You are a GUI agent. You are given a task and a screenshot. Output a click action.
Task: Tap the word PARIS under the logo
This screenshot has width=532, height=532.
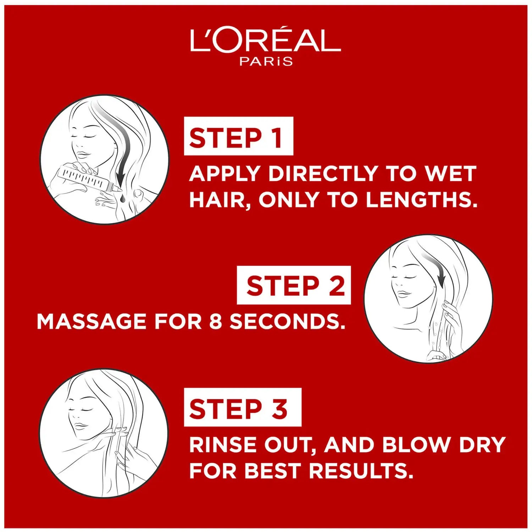266,61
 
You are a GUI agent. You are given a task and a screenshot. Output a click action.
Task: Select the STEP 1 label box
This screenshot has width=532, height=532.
238,136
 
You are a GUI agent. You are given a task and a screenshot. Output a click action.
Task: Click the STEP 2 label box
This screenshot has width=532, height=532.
294,285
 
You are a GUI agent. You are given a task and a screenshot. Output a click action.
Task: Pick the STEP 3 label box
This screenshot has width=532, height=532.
243,407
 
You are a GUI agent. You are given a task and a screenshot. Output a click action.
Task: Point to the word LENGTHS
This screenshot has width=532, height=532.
421,200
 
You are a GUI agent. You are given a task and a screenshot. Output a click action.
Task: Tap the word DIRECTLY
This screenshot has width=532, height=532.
323,173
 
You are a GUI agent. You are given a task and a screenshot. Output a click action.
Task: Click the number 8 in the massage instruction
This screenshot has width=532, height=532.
216,321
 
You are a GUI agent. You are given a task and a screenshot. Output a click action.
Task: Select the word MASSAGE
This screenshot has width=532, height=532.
92,321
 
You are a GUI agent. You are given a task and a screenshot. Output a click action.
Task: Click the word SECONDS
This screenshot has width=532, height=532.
287,321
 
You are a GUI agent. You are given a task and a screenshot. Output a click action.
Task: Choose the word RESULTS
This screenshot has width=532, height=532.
361,471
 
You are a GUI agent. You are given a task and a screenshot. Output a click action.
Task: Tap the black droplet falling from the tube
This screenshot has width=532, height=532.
122,199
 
